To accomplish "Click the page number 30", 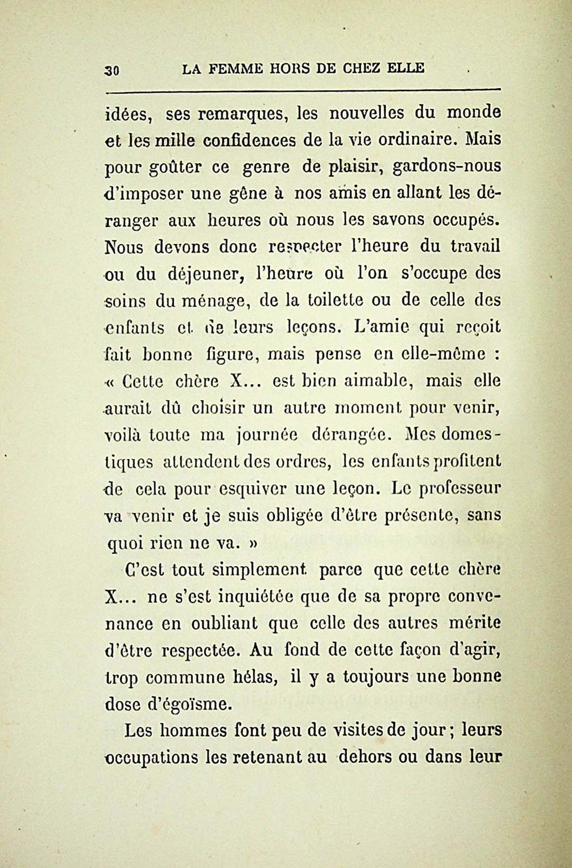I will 115,70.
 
